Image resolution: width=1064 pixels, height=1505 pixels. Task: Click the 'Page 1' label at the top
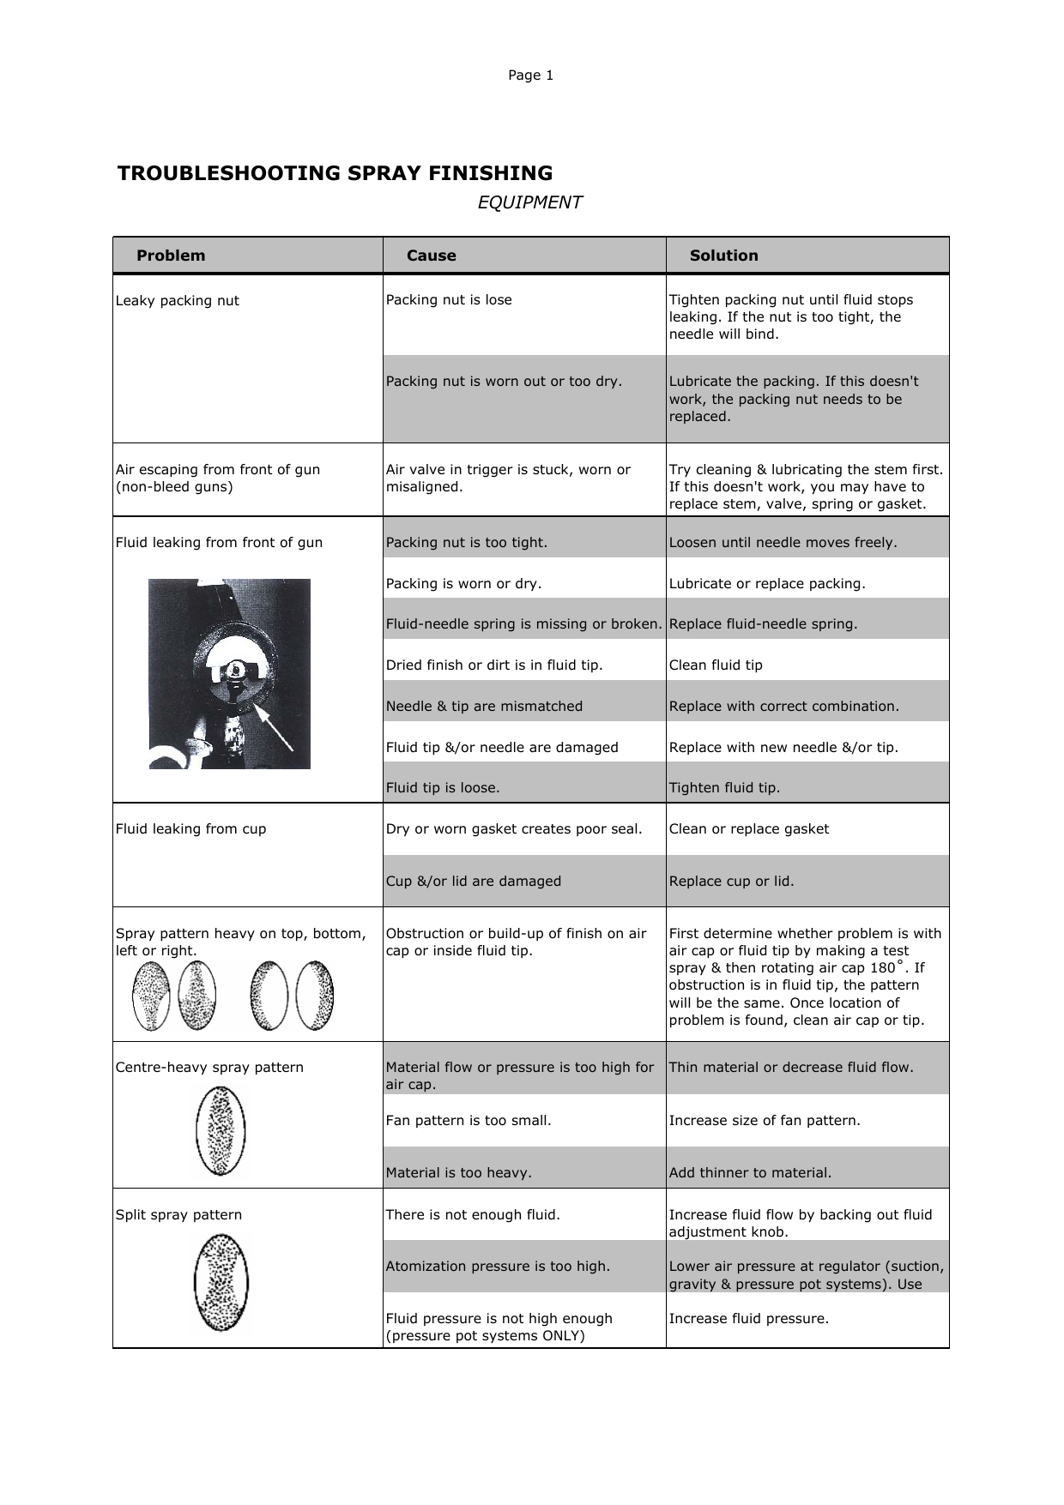point(530,75)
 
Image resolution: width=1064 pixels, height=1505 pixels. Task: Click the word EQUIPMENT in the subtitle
point(529,202)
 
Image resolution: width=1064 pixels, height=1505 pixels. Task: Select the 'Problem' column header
point(171,256)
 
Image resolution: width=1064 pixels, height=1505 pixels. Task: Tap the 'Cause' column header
point(431,256)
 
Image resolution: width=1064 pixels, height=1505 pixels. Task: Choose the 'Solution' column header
point(723,256)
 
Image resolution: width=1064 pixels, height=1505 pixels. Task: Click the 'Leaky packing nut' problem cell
point(178,301)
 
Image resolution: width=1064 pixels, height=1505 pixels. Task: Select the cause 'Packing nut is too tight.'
point(466,543)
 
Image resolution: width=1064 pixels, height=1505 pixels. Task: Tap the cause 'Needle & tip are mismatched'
point(484,707)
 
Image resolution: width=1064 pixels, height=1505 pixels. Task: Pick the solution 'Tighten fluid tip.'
point(724,788)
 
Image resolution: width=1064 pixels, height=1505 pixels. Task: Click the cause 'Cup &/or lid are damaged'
point(473,882)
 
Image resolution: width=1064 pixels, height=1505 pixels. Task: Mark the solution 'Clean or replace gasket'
point(748,829)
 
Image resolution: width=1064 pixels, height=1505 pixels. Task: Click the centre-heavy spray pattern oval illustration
point(221,1130)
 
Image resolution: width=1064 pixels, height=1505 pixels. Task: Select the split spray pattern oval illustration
point(221,1281)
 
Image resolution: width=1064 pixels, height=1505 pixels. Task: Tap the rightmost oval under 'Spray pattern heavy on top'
point(314,996)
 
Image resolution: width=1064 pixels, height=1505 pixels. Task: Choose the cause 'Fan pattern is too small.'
point(469,1121)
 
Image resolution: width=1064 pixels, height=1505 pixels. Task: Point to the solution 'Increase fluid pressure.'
point(748,1319)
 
